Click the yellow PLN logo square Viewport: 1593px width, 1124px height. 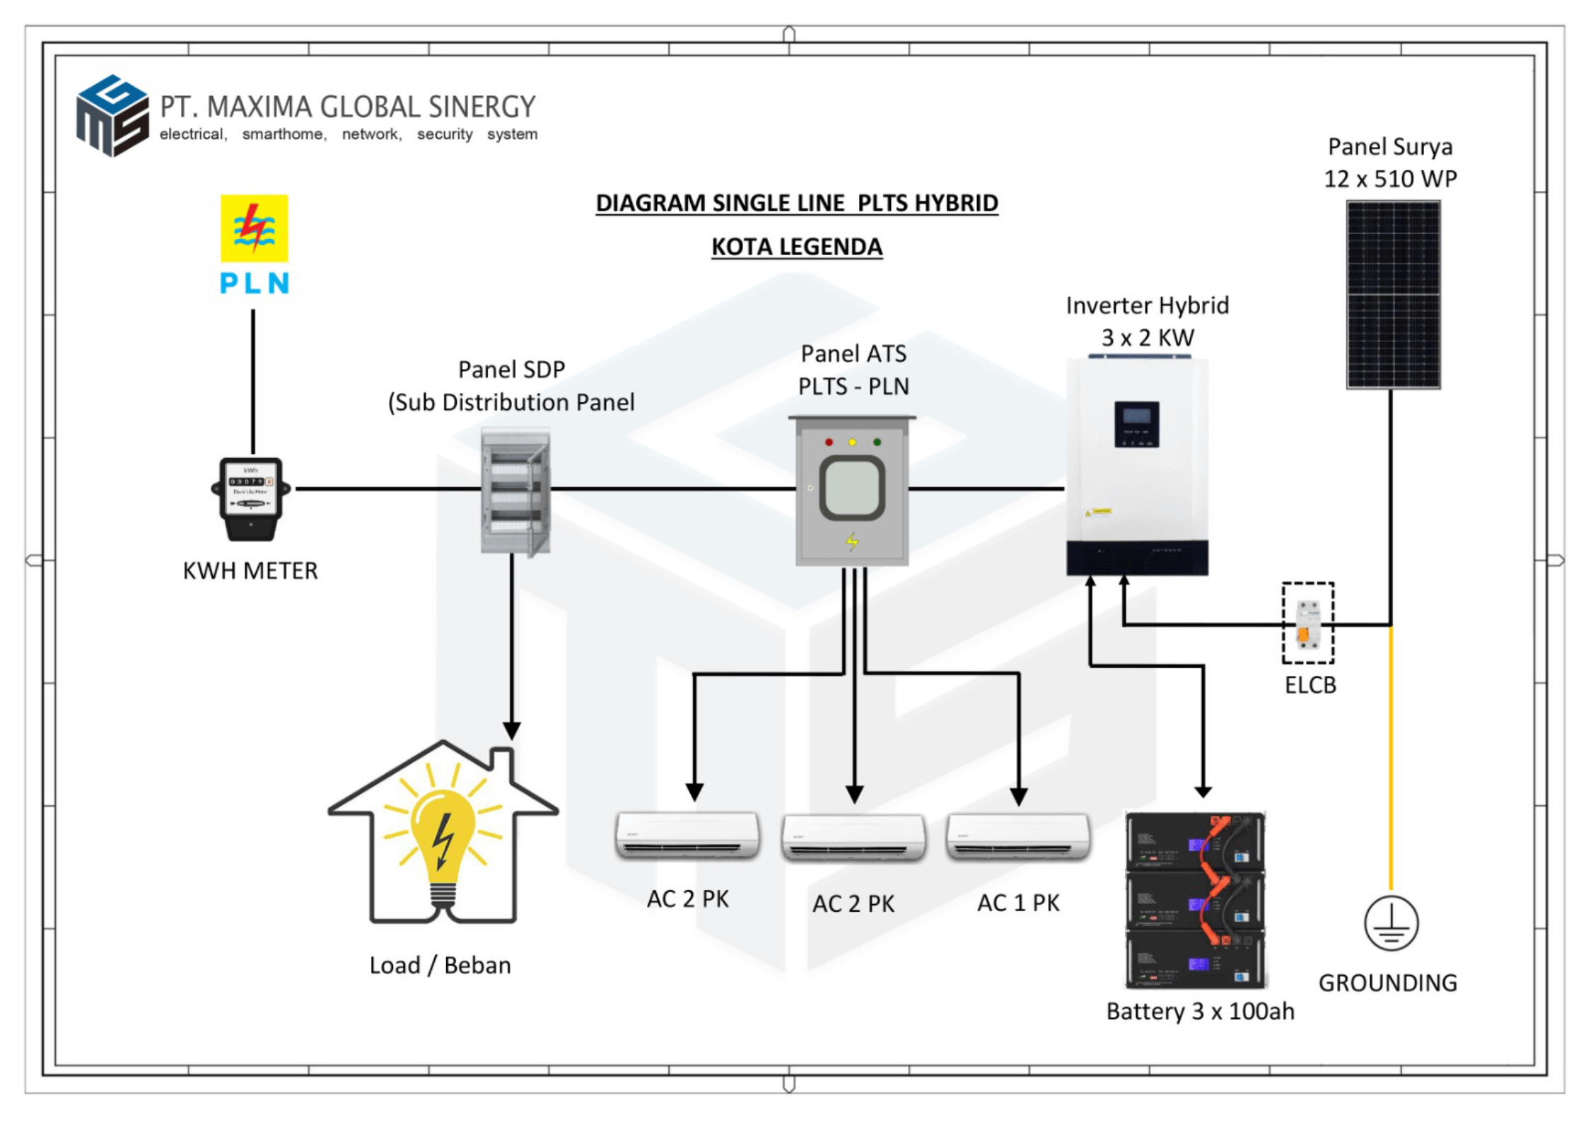pyautogui.click(x=254, y=228)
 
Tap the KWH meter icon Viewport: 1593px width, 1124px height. pyautogui.click(x=251, y=498)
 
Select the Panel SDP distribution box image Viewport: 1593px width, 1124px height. pyautogui.click(x=515, y=490)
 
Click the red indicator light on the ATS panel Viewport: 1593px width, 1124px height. pyautogui.click(x=829, y=443)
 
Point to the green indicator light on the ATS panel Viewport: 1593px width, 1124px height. pyautogui.click(x=877, y=443)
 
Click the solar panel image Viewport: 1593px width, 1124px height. pyautogui.click(x=1392, y=294)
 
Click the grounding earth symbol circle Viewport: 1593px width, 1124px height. pyautogui.click(x=1390, y=923)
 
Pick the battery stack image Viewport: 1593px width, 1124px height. pyautogui.click(x=1195, y=899)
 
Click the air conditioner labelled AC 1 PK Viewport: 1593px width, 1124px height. pyautogui.click(x=1017, y=837)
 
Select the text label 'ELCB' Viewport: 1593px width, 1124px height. pyautogui.click(x=1309, y=685)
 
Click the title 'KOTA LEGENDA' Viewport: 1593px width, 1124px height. pyautogui.click(x=796, y=247)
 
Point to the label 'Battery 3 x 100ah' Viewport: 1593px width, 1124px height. pyautogui.click(x=1200, y=1011)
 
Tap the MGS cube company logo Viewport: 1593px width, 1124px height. pyautogui.click(x=112, y=115)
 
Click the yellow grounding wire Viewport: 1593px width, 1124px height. pyautogui.click(x=1390, y=756)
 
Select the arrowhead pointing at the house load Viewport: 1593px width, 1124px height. pyautogui.click(x=511, y=730)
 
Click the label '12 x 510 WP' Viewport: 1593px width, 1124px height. pyautogui.click(x=1389, y=179)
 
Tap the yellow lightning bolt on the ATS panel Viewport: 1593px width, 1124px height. pyautogui.click(x=852, y=541)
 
